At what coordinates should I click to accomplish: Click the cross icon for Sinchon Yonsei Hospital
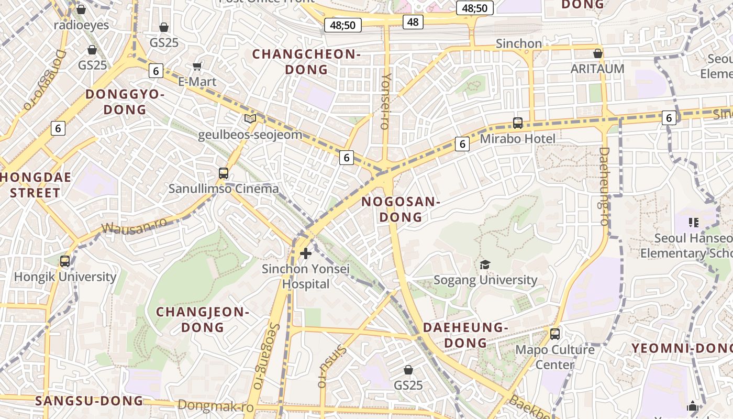point(306,254)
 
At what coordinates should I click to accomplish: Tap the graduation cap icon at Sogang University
point(485,264)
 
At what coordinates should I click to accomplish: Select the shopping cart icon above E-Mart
point(197,66)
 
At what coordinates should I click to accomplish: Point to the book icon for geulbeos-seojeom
point(250,119)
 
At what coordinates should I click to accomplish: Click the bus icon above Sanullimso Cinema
point(224,173)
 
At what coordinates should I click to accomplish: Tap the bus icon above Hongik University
point(65,261)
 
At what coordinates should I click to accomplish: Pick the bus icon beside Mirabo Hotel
point(518,123)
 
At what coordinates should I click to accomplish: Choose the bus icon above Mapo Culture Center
point(555,334)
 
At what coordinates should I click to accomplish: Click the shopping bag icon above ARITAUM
point(598,53)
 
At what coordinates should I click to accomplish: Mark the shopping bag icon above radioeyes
point(81,9)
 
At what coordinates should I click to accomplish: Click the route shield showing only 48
point(413,21)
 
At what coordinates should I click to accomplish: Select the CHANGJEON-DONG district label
point(202,319)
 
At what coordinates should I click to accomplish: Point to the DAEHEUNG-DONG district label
point(465,335)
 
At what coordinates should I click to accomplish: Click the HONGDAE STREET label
point(36,185)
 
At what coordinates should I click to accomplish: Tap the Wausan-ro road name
point(134,226)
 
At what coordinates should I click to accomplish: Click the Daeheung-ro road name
point(604,186)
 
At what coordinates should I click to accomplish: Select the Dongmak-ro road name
point(216,406)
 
